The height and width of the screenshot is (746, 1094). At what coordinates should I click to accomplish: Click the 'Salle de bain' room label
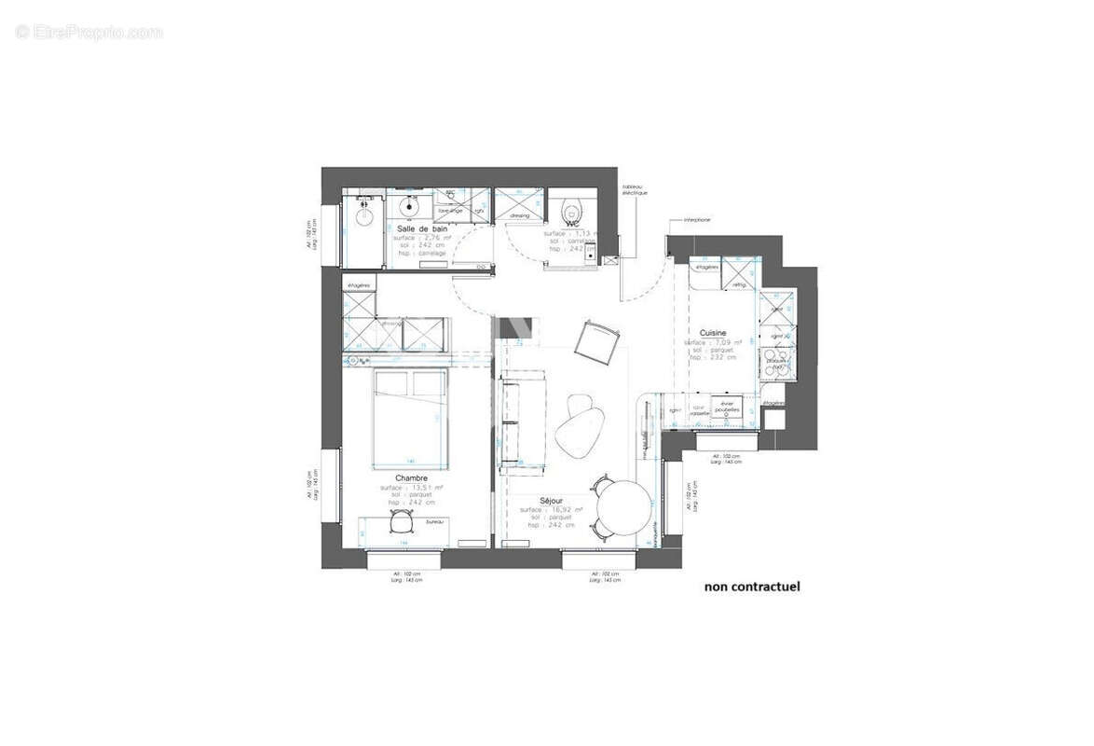421,228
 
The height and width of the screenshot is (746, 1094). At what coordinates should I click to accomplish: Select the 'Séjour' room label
551,501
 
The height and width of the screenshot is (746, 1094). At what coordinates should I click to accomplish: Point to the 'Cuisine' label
713,332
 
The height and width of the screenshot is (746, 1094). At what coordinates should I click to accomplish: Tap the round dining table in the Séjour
622,508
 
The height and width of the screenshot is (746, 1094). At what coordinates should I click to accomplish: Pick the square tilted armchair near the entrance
596,342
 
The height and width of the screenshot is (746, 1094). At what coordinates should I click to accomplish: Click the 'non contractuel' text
751,587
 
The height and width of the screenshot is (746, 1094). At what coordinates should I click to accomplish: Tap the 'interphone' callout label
697,220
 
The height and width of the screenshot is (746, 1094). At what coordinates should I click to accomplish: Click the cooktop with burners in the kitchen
776,364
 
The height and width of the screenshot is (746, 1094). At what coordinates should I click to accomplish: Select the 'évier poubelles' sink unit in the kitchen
726,408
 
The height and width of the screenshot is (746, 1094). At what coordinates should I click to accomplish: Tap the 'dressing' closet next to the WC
519,204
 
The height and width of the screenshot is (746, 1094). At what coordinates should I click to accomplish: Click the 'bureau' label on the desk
433,522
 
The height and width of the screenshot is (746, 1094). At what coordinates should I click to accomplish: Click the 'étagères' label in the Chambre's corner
358,284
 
